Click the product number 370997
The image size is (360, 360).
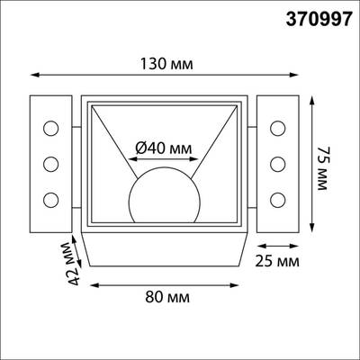click(x=318, y=17)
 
